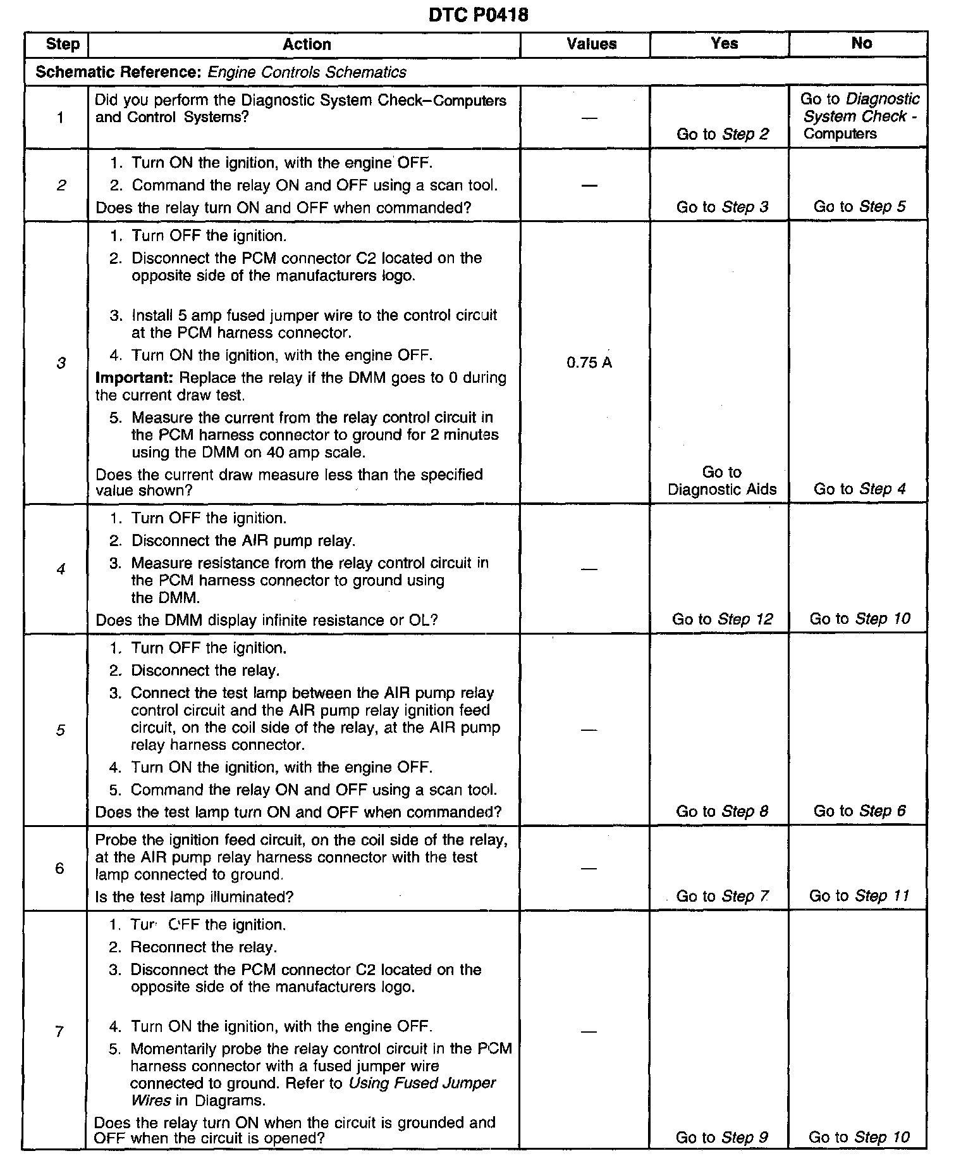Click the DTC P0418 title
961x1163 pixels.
pyautogui.click(x=478, y=15)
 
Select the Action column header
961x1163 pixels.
pyautogui.click(x=307, y=44)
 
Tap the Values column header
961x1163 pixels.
pyautogui.click(x=591, y=44)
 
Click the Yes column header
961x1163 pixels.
pyautogui.click(x=724, y=43)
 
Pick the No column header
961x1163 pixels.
pyautogui.click(x=861, y=43)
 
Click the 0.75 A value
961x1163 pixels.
pyautogui.click(x=589, y=363)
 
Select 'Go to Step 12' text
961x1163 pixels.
pyautogui.click(x=722, y=619)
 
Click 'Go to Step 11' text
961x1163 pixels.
pyautogui.click(x=859, y=896)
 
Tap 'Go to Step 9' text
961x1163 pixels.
pyautogui.click(x=721, y=1137)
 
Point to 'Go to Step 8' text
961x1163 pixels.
pyautogui.click(x=722, y=811)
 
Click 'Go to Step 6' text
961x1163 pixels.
pyautogui.click(x=859, y=811)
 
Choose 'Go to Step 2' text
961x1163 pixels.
pyautogui.click(x=723, y=134)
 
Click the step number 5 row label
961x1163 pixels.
pyautogui.click(x=60, y=730)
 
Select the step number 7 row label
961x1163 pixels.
pyautogui.click(x=59, y=1032)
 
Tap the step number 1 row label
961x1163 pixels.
pyautogui.click(x=60, y=118)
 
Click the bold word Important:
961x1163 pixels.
pyautogui.click(x=134, y=378)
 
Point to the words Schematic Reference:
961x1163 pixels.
pyautogui.click(x=118, y=72)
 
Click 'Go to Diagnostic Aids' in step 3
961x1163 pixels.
pyautogui.click(x=722, y=481)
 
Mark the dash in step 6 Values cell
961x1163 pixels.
pyautogui.click(x=589, y=869)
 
